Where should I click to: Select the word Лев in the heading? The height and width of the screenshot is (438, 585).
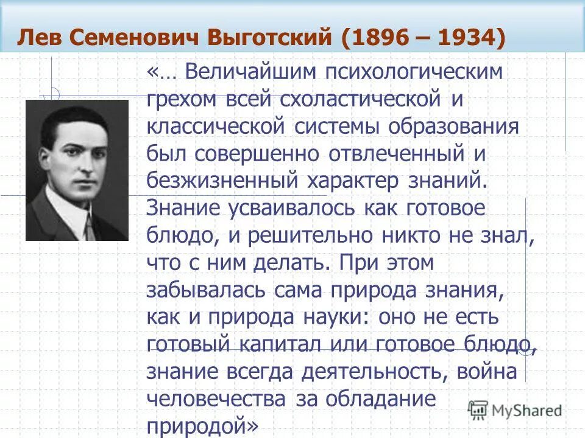[38, 38]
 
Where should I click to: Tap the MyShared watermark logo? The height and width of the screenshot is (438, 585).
[515, 409]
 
